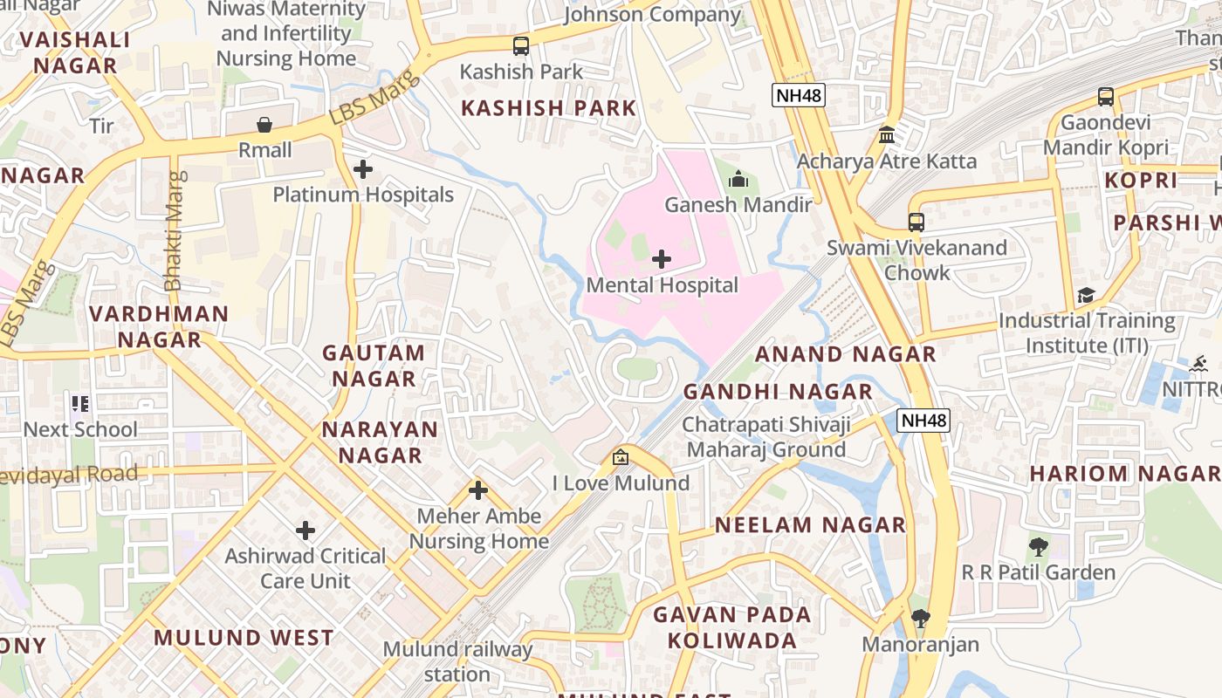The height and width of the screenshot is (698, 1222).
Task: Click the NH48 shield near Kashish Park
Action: [798, 95]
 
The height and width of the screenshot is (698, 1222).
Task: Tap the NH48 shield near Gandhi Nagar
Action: [923, 421]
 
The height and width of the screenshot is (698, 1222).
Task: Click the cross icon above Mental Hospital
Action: [662, 258]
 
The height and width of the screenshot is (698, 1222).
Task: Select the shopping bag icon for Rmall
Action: [264, 125]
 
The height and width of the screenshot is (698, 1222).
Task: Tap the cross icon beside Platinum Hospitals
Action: [363, 168]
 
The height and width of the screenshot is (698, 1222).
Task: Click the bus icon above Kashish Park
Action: [521, 45]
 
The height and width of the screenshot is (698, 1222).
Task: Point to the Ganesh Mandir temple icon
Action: [738, 179]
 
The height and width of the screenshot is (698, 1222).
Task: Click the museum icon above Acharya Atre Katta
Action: [887, 135]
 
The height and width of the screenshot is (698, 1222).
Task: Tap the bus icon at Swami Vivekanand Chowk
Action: [916, 222]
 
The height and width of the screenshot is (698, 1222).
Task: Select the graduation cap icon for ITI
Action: [1086, 296]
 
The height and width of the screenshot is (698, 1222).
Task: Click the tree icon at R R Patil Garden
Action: [1038, 547]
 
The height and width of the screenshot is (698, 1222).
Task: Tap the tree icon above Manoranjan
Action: [920, 619]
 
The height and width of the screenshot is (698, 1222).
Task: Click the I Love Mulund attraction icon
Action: [621, 456]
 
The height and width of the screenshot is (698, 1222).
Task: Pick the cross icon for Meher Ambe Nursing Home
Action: [477, 490]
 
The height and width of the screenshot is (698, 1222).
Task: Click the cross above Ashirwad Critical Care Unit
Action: [305, 530]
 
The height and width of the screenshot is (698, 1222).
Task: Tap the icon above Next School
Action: [80, 403]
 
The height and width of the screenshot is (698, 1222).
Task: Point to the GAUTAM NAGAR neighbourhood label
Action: [374, 366]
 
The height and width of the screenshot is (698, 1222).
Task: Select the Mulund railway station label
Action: [457, 661]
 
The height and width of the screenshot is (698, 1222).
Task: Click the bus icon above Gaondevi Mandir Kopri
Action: [1106, 96]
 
